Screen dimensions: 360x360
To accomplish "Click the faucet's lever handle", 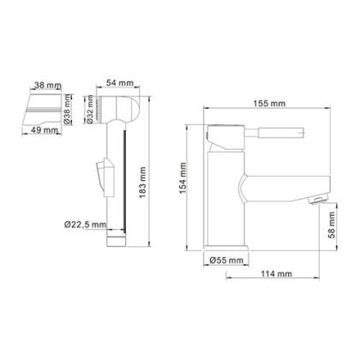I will tap(257, 135).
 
